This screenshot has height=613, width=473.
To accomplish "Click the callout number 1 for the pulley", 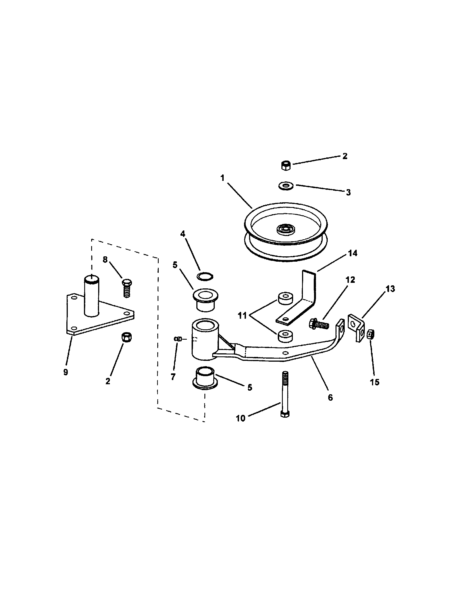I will tap(223, 178).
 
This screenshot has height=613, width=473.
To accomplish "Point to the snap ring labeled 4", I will tap(205, 276).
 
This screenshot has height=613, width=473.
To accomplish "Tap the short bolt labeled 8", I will tap(127, 288).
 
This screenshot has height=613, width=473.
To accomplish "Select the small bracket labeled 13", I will tap(356, 327).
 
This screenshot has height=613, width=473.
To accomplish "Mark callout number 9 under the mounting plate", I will tap(66, 372).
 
